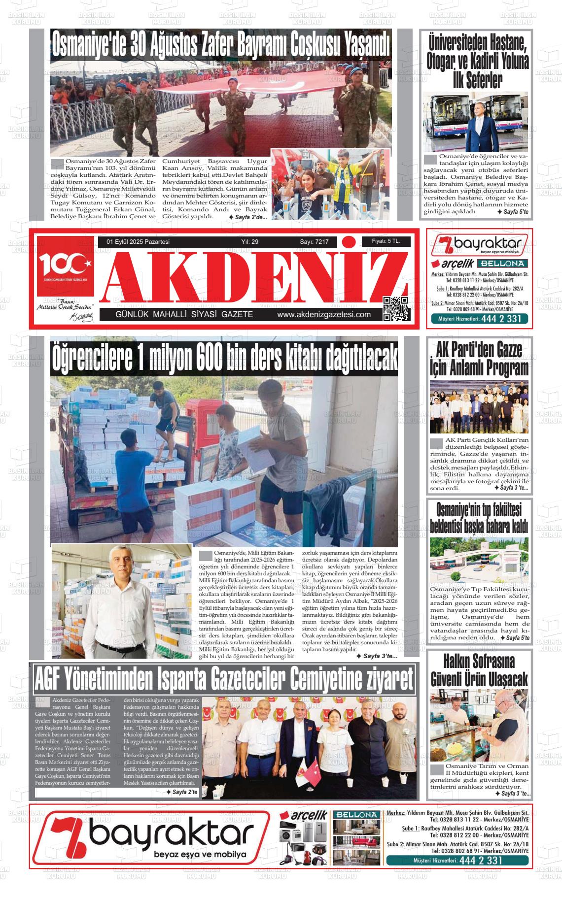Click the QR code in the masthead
click(396, 309)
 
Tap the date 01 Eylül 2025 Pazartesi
click(134, 242)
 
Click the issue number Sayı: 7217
click(314, 242)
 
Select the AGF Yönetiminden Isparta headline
click(224, 680)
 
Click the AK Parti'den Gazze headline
click(479, 359)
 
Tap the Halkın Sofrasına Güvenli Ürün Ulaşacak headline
click(479, 670)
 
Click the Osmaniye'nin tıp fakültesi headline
click(479, 517)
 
